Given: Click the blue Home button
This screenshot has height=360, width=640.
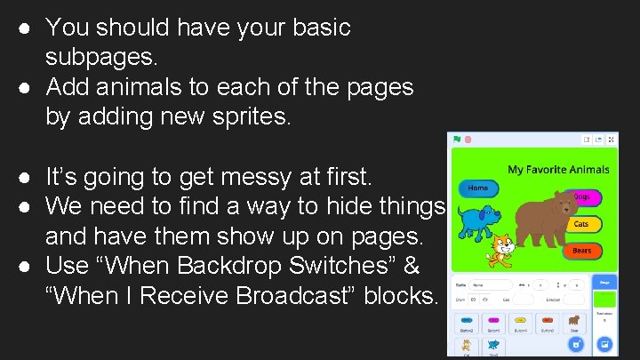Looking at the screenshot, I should click(478, 188).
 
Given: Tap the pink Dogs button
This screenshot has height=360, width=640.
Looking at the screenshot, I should click(581, 197).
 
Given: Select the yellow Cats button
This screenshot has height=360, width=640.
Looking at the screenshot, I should click(581, 224).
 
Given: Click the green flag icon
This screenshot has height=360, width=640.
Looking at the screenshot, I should click(457, 140).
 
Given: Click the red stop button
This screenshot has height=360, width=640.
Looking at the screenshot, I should click(468, 140).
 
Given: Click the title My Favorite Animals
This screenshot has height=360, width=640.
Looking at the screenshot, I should click(558, 169).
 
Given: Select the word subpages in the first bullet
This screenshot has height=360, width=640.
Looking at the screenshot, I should click(101, 58).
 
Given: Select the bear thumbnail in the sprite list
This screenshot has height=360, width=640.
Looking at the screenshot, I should click(575, 320).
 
